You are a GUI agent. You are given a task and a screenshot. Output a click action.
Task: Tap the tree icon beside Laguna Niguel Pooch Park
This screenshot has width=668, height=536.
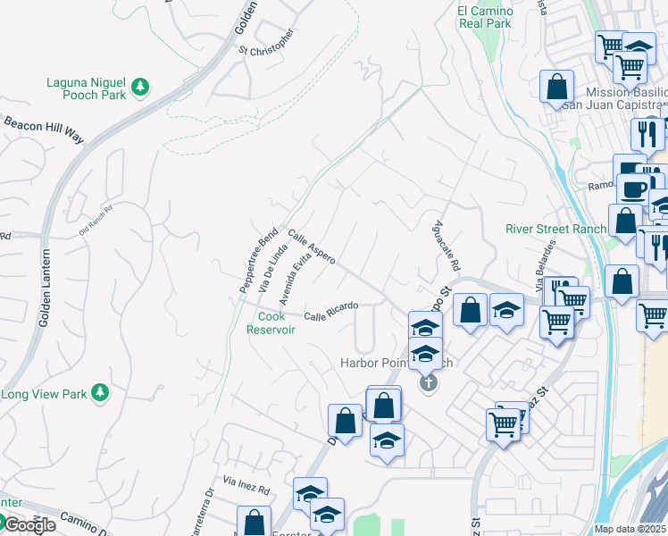coord(139,88)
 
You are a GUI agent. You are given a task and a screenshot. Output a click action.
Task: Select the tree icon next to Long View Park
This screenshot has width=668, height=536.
coord(101,392)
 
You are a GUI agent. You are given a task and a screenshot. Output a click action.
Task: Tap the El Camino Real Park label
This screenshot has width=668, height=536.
coord(485,17)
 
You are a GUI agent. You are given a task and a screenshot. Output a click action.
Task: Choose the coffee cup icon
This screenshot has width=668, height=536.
coord(636,189)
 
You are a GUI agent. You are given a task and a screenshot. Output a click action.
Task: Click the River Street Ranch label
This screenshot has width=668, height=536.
coord(555,228)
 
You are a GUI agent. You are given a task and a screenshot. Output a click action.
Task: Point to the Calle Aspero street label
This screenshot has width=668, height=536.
coord(312,246)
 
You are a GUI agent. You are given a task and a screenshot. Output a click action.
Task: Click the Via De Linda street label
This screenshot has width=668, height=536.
coord(271,272)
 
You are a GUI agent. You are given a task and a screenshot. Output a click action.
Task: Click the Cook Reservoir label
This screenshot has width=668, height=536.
coord(271,322)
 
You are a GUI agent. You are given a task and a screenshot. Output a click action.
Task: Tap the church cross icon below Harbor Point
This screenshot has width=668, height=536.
coord(429,383)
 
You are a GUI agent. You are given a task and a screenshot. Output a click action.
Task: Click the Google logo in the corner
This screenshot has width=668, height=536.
coord(29,524)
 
